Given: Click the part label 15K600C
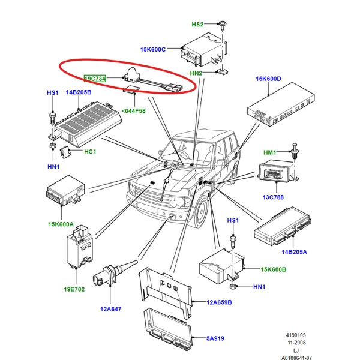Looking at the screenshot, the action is pos(152,49).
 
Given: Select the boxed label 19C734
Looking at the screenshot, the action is pos(95,79).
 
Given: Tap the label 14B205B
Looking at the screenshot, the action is pos(79,92).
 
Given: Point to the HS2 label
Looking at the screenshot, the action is pos(197,25).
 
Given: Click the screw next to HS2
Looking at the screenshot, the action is pos(223,26).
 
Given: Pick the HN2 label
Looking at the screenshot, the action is pos(196,73).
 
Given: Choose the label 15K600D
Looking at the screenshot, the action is pos(268,79).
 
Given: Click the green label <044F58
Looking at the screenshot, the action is pos(133,111).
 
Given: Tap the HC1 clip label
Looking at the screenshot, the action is pos(90,152).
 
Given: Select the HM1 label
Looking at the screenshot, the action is pos(269,152).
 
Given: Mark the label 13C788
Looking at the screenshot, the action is pos(273,197).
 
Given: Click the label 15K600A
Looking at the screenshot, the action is pos(61,224).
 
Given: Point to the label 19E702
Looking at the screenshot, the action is pos(74,289).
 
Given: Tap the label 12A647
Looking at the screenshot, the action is pos(110,309).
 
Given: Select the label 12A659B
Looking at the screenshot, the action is pos(219,302).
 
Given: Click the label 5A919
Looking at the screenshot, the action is pos(215,338).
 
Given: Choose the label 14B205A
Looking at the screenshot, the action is pos(294,252).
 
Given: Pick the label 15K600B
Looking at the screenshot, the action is pos(273,269).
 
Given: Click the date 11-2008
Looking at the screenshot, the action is pos(296,343).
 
